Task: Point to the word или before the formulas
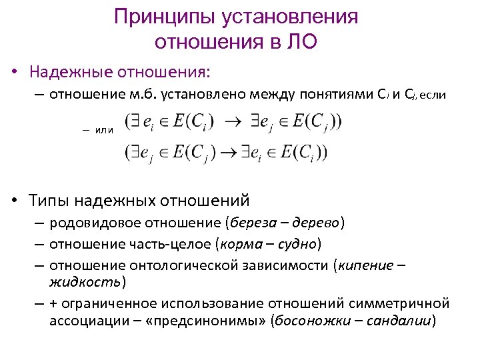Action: click(x=105, y=131)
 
